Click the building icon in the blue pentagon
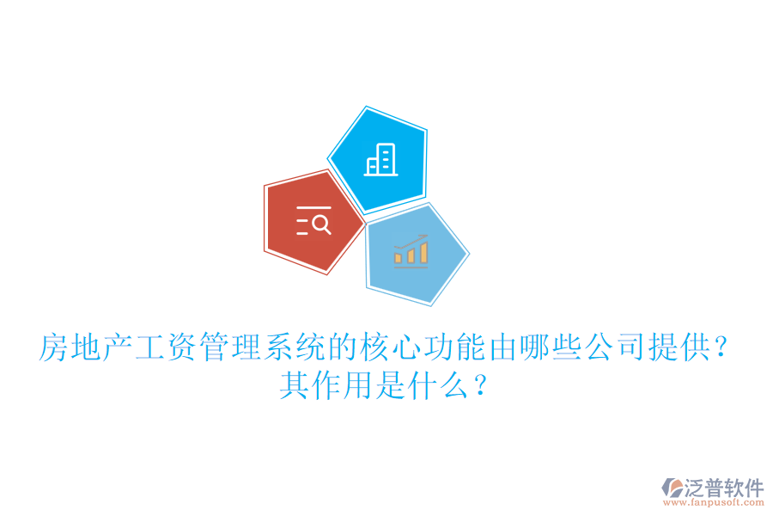coord(381,160)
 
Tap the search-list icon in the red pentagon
coord(313,222)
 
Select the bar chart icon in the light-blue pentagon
coord(411,250)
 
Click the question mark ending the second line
coord(481,385)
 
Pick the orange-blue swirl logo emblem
coord(670,490)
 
